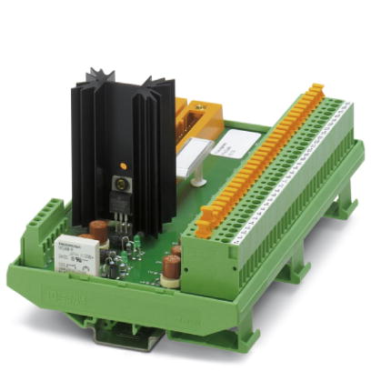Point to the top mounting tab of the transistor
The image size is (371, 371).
click(x=118, y=182)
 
